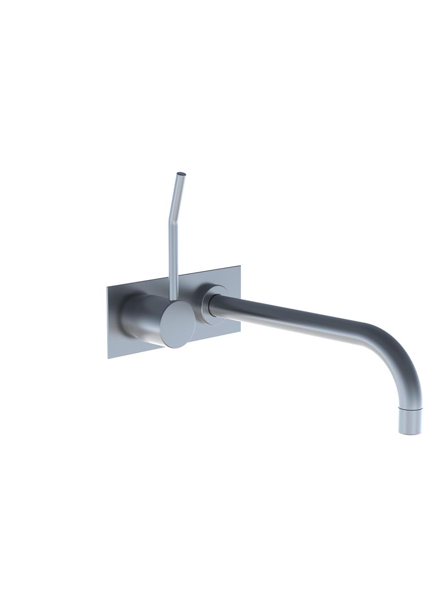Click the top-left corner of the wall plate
[x=107, y=286]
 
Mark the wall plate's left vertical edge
[x=107, y=323]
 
